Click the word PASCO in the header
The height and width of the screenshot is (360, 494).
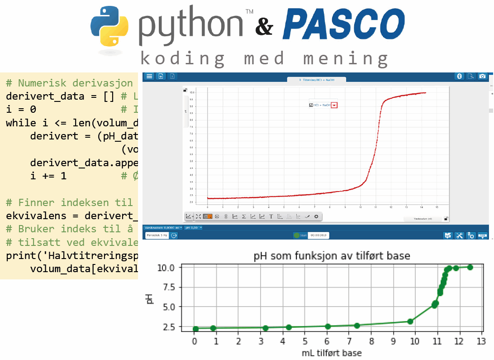tap(343, 25)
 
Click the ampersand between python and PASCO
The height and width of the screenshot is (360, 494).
tap(264, 28)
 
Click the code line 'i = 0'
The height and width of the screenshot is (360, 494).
tap(21, 109)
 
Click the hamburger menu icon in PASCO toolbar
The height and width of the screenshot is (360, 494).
tap(149, 76)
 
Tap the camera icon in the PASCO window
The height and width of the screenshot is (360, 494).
tap(483, 76)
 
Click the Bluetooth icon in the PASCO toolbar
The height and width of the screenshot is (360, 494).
tap(458, 76)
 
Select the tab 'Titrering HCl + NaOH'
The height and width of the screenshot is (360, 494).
tap(316, 80)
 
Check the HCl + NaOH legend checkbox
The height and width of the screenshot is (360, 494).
tap(311, 105)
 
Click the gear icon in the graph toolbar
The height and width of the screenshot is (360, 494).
tap(316, 216)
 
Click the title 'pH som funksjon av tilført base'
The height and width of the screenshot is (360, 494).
tap(332, 256)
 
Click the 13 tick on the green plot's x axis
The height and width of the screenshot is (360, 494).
tap(481, 340)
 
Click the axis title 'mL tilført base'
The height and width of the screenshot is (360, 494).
tap(332, 353)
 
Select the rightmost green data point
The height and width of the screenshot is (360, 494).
tap(470, 267)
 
